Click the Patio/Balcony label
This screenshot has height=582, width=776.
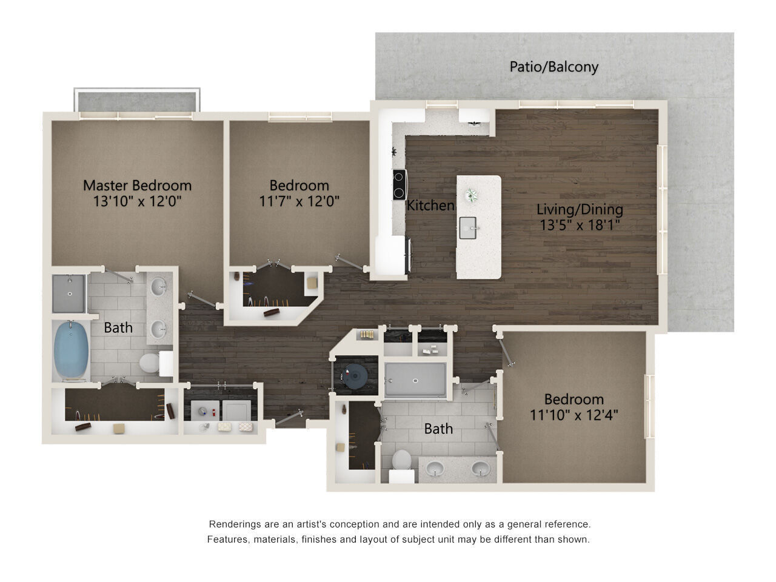pos(554,67)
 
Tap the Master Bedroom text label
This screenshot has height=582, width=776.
pos(137,185)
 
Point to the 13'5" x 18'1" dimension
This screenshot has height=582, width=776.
pos(579,226)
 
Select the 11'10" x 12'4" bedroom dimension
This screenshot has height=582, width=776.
pos(574,415)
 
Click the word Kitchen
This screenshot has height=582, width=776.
pos(430,206)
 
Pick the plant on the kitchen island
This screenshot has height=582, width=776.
pos(471,195)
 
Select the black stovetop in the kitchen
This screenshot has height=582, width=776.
pos(399,185)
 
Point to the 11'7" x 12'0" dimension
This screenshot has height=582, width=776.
pos(299,201)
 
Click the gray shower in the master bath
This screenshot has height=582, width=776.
pos(69,294)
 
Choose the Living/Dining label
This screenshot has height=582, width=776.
pos(580,210)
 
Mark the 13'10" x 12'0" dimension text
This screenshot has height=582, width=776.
pos(137,201)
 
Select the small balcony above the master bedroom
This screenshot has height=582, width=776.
pos(136,101)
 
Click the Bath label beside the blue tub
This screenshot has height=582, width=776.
pos(118,327)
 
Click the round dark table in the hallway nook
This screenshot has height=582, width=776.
pos(353,376)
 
